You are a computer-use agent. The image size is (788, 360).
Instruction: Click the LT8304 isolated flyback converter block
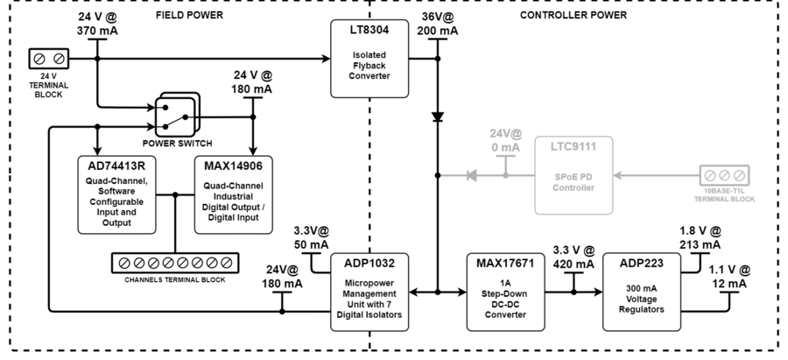(370, 59)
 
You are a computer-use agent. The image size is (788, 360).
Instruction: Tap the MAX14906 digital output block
(234, 194)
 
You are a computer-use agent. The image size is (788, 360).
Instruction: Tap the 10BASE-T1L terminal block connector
(728, 174)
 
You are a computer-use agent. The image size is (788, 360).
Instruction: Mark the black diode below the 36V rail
(436, 116)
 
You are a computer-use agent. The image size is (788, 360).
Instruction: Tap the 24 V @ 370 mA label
(96, 24)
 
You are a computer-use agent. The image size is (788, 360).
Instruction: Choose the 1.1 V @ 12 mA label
(728, 277)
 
